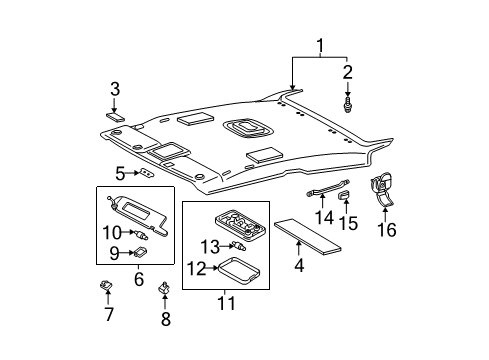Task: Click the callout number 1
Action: click(319, 46)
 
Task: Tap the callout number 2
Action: click(348, 72)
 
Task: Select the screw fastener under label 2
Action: click(348, 103)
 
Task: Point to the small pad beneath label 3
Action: click(115, 116)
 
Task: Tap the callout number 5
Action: click(120, 173)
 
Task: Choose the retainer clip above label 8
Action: click(165, 290)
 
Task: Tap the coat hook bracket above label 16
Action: click(382, 189)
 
